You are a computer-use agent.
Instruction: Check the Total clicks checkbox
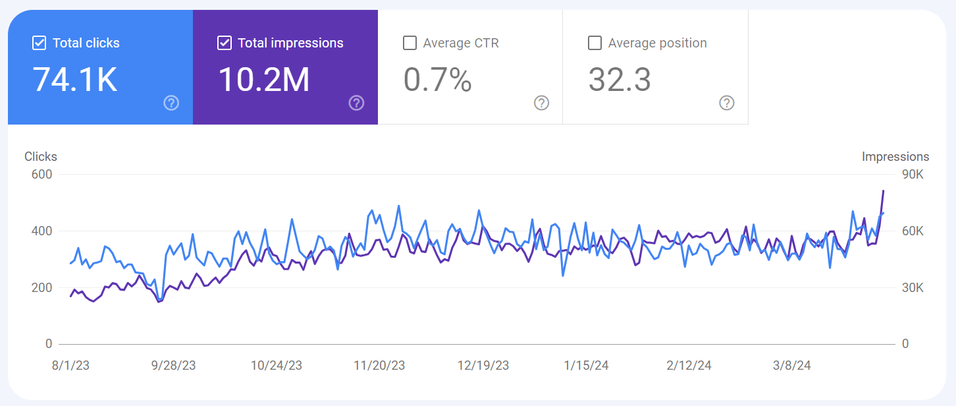(x=39, y=43)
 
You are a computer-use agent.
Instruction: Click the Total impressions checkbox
(x=225, y=43)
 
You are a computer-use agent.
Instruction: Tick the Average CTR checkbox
(x=410, y=43)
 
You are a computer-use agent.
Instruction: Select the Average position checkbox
(x=595, y=43)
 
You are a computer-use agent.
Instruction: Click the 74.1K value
(x=75, y=80)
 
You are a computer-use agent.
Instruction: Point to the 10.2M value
(x=263, y=80)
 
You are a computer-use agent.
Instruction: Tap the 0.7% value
(x=437, y=80)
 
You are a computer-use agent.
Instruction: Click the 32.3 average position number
(x=619, y=80)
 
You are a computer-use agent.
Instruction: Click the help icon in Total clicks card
(x=171, y=103)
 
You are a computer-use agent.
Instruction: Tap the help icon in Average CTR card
(x=541, y=103)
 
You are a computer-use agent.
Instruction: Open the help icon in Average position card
(x=726, y=103)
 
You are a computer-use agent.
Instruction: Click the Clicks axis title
(x=41, y=157)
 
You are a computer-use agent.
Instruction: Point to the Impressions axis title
(x=895, y=157)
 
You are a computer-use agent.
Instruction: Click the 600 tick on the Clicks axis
(x=41, y=175)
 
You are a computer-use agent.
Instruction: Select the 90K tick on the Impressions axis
(x=913, y=175)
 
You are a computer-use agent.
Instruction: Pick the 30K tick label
(x=913, y=288)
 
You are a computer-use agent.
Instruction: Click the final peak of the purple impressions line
(x=883, y=191)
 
